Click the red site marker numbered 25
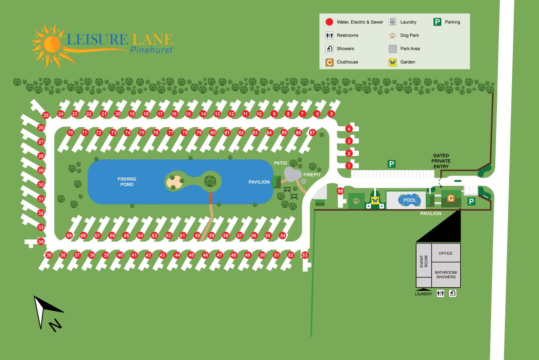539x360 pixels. tap(46, 115)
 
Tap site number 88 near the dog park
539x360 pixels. tap(341, 191)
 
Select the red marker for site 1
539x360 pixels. tap(349, 166)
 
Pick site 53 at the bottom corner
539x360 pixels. tap(305, 255)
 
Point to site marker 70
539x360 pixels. tap(70, 133)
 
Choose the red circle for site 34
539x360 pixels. tap(41, 242)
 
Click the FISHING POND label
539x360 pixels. tap(127, 181)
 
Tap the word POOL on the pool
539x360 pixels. tap(410, 200)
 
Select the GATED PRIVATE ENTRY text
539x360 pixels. tap(441, 161)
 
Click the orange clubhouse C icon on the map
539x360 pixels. tap(451, 198)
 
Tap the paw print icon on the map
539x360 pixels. tap(356, 201)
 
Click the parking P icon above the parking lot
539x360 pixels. tap(392, 164)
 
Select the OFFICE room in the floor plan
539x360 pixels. tap(446, 253)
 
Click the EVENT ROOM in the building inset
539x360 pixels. tap(424, 261)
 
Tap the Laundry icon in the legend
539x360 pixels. tap(393, 22)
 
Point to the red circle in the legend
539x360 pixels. tap(329, 22)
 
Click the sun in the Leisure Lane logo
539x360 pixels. tap(51, 43)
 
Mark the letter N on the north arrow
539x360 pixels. tap(55, 325)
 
